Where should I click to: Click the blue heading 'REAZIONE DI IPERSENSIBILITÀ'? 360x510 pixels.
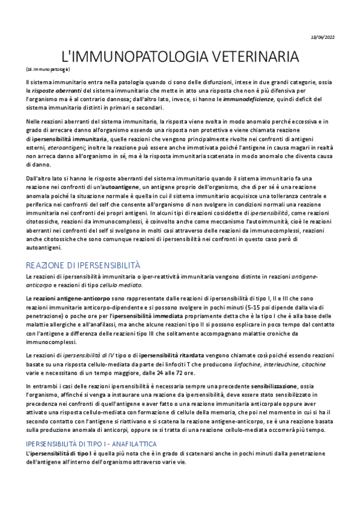tap(83, 265)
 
